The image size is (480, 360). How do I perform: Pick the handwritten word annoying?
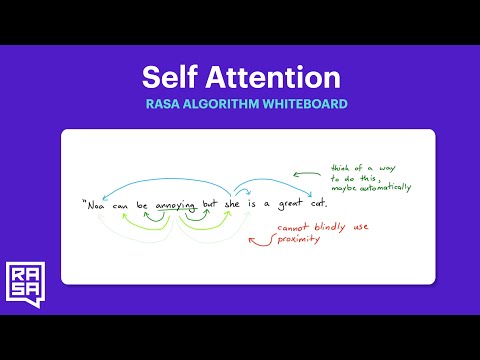pyautogui.click(x=176, y=206)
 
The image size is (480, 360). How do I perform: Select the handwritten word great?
pyautogui.click(x=289, y=205)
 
